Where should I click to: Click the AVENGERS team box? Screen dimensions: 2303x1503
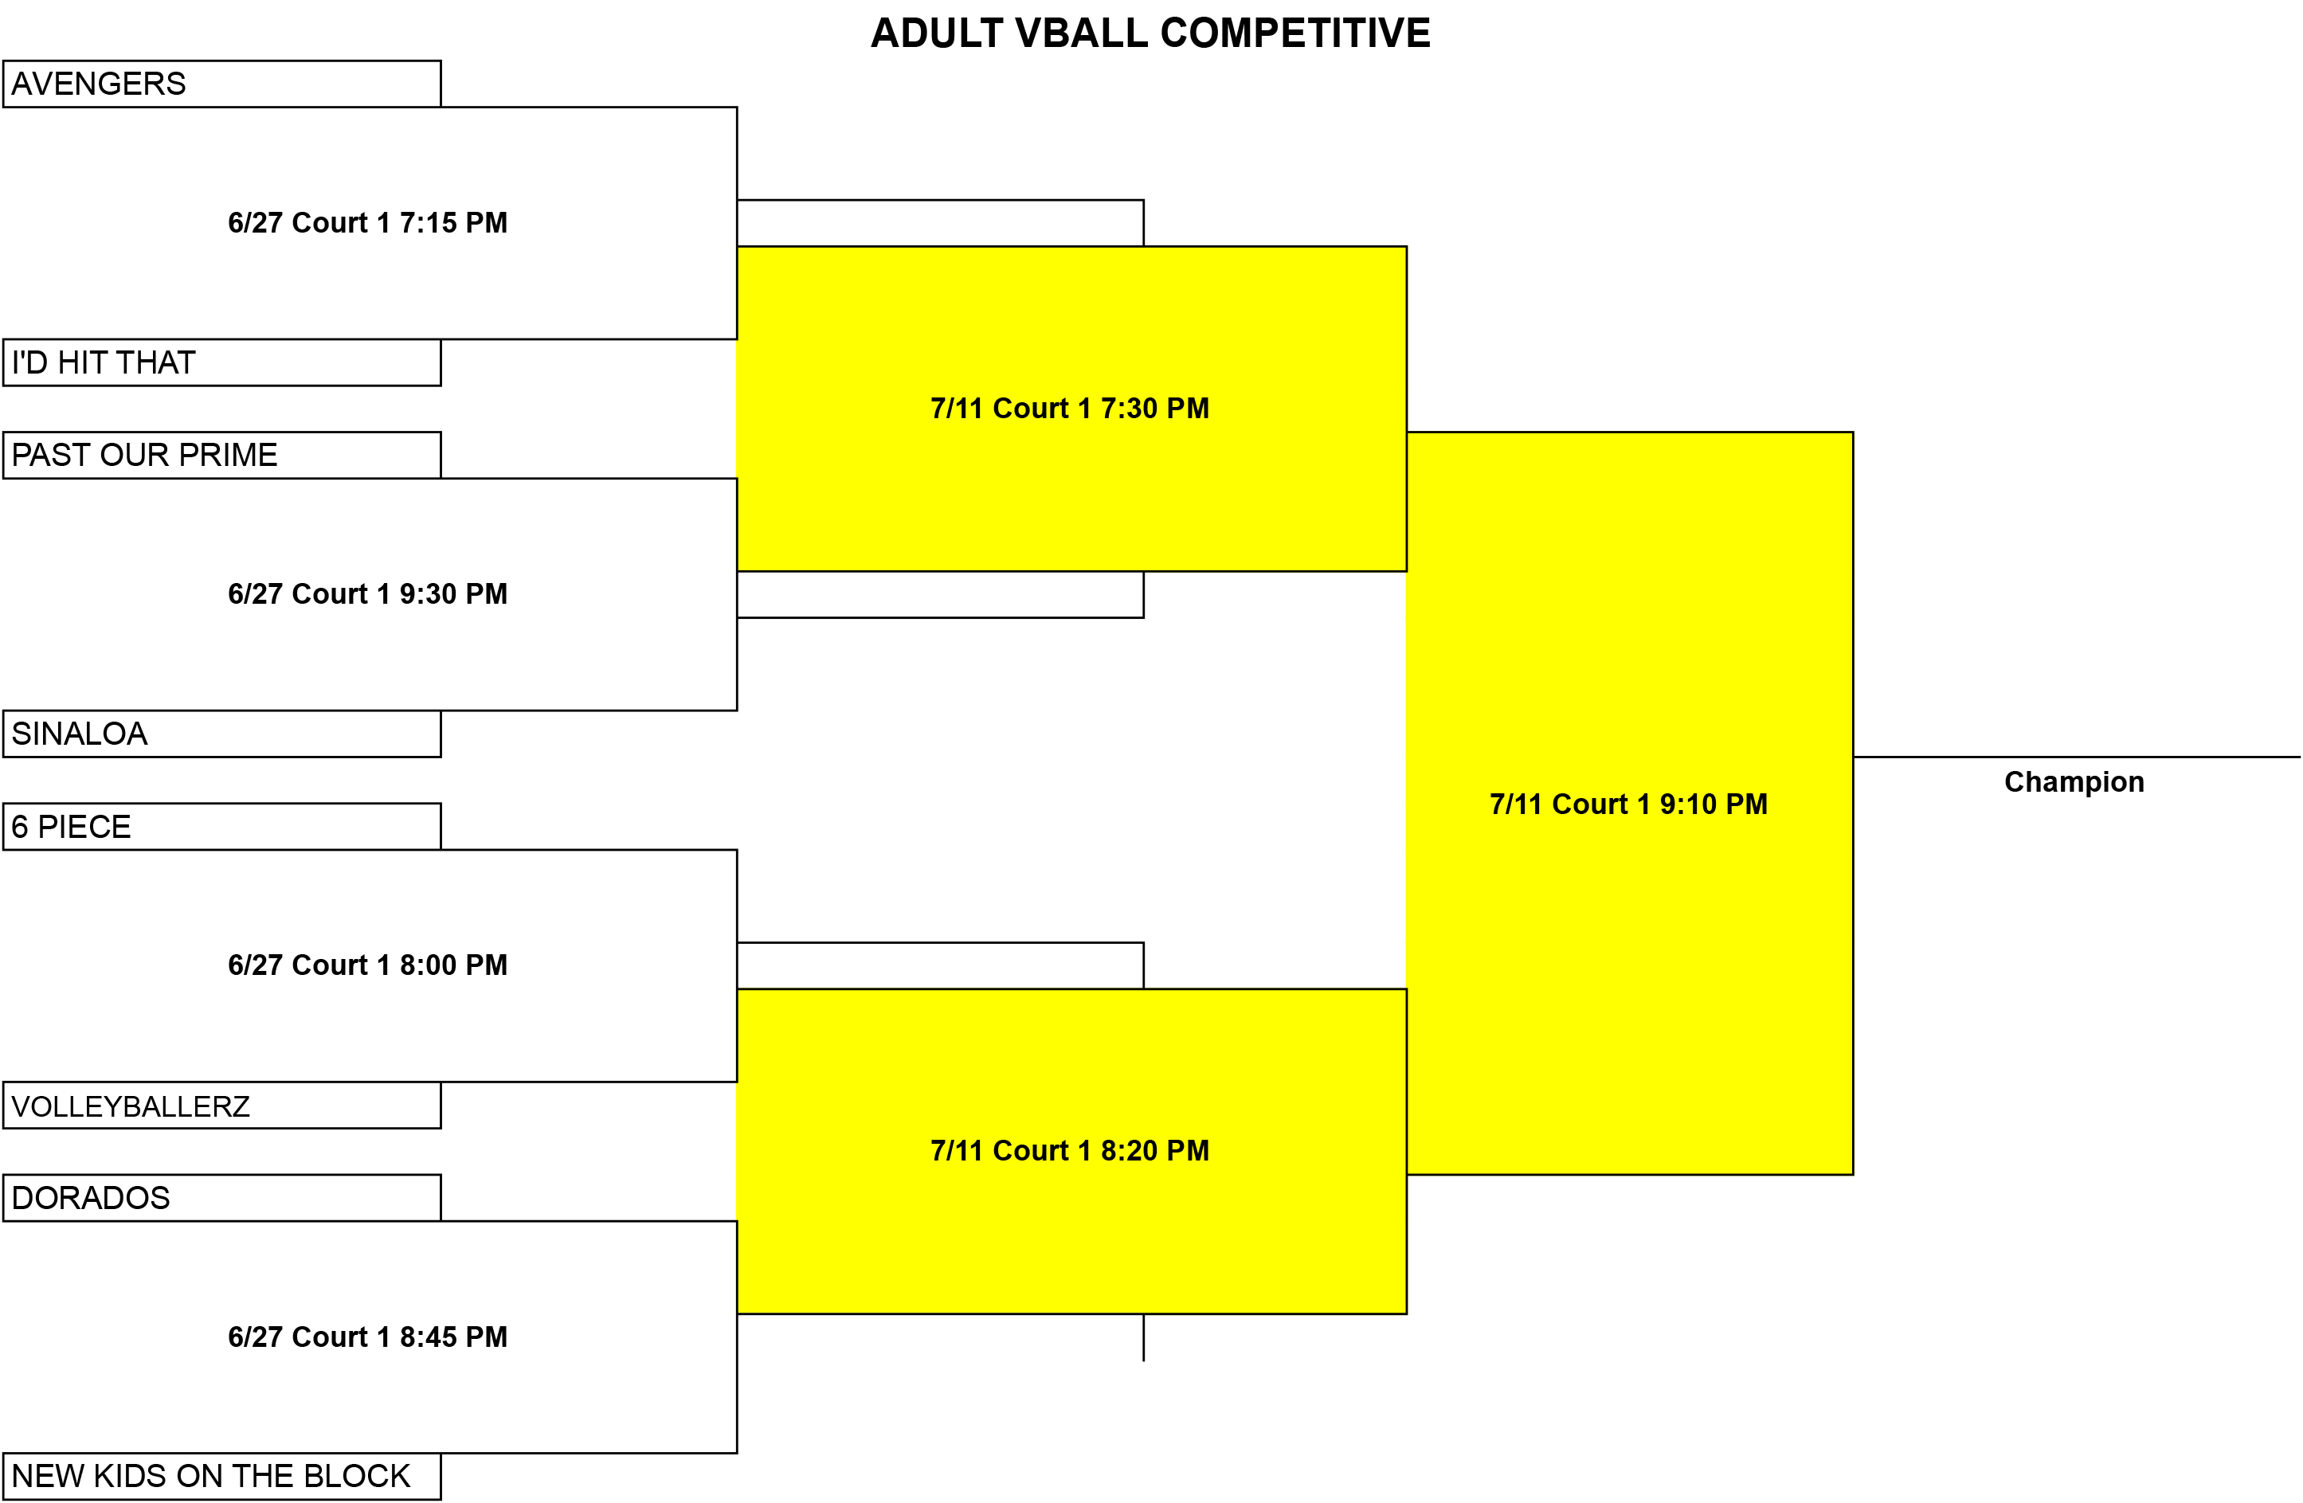click(221, 84)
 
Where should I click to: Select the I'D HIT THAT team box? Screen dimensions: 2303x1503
click(221, 363)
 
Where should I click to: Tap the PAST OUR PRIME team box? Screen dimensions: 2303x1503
click(221, 455)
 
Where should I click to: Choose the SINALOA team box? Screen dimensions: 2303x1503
click(221, 734)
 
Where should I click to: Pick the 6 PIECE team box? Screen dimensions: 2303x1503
click(221, 827)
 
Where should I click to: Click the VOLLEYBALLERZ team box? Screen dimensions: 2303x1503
click(221, 1106)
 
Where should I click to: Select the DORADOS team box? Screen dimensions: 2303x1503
click(221, 1198)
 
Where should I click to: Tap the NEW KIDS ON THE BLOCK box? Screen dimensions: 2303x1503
click(221, 1477)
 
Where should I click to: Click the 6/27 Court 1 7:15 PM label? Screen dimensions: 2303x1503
click(368, 222)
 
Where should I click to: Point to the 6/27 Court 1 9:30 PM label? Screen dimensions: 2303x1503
click(368, 593)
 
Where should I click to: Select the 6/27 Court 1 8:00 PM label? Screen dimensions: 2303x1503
click(368, 965)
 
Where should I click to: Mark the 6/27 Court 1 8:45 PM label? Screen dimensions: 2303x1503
click(368, 1337)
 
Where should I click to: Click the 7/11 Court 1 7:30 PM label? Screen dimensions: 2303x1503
click(1070, 409)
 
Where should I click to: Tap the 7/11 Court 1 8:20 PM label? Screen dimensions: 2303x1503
click(1070, 1151)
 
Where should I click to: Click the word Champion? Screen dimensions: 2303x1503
click(2074, 782)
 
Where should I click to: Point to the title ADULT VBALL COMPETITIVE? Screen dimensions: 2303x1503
click(1150, 33)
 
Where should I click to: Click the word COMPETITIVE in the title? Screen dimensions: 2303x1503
click(1295, 33)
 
